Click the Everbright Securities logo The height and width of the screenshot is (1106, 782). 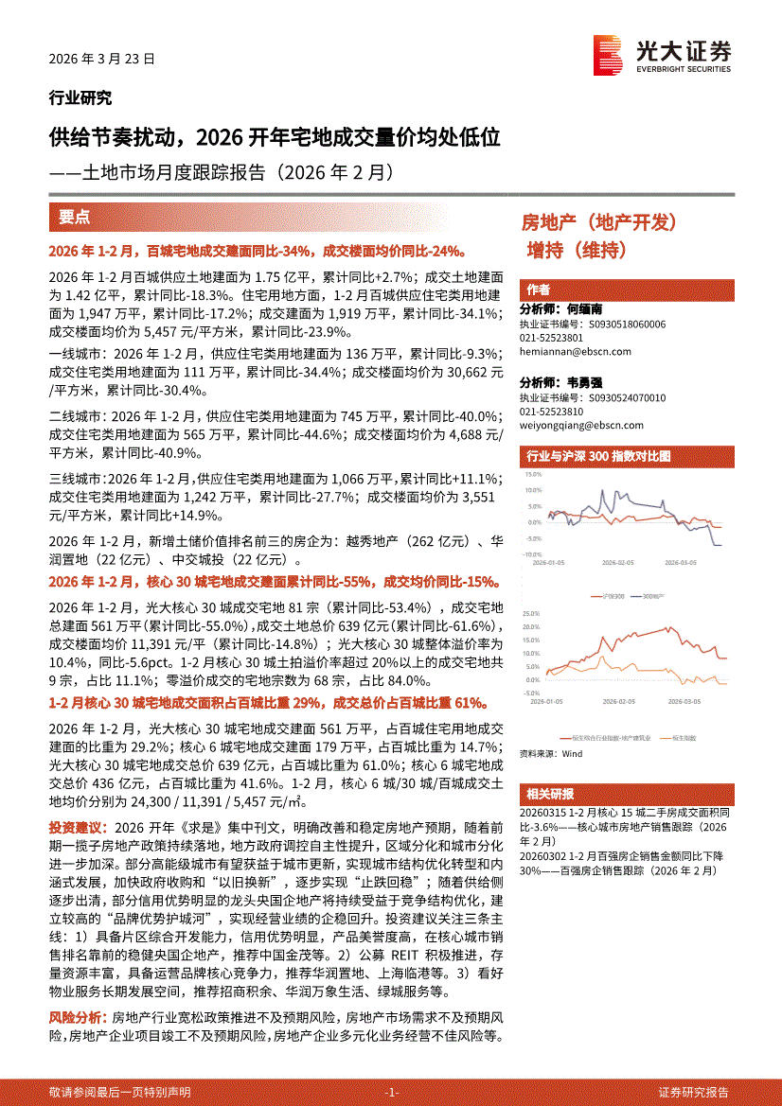[x=662, y=55]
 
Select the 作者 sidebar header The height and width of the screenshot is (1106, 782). [x=539, y=290]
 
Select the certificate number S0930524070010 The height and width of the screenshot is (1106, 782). [x=626, y=398]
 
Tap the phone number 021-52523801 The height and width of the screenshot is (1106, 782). [x=552, y=338]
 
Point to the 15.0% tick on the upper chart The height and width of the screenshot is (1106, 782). [x=531, y=475]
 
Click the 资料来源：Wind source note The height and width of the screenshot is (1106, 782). [x=552, y=754]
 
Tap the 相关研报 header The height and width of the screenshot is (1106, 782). [x=551, y=794]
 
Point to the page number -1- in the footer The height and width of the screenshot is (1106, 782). [x=391, y=1091]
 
